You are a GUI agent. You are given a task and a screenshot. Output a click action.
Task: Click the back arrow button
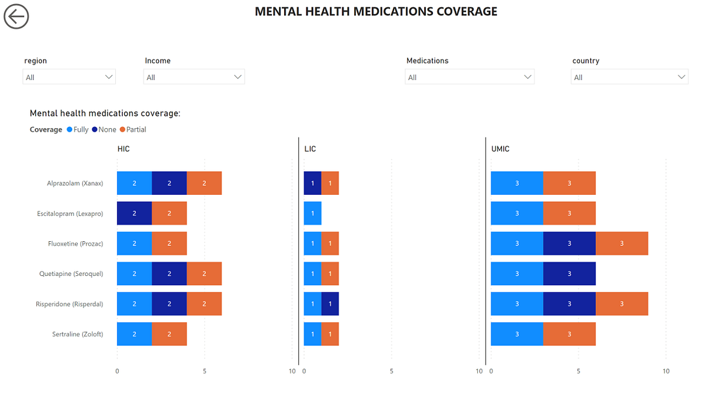[x=16, y=16]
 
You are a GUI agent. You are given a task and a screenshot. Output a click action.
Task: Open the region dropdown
[x=69, y=77]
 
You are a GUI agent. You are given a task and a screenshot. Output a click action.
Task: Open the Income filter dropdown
[x=194, y=77]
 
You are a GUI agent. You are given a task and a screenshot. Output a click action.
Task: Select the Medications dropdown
[x=469, y=77]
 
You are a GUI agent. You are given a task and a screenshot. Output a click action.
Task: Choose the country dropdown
[x=630, y=77]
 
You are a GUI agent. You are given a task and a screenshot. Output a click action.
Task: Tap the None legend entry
[x=104, y=129]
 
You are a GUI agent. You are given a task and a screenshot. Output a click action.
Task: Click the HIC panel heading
[x=124, y=149]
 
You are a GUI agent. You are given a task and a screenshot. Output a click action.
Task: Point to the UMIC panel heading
[x=500, y=149]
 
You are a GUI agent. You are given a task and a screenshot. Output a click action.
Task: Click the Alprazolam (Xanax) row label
[x=75, y=183]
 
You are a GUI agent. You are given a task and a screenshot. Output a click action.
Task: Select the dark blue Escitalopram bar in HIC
[x=134, y=214]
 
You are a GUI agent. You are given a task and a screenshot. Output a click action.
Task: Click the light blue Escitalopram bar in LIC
[x=312, y=214]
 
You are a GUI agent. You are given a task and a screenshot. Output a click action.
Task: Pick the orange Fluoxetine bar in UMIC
[x=622, y=244]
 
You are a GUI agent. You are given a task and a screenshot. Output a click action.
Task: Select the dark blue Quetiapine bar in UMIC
[x=569, y=274]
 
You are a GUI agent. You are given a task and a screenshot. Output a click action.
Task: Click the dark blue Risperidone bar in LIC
[x=330, y=304]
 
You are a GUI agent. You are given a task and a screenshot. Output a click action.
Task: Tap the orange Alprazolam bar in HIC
[x=204, y=183]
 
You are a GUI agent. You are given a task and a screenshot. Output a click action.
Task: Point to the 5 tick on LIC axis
[x=391, y=371]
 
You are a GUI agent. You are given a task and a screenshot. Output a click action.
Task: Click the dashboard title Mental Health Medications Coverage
[x=376, y=12]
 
